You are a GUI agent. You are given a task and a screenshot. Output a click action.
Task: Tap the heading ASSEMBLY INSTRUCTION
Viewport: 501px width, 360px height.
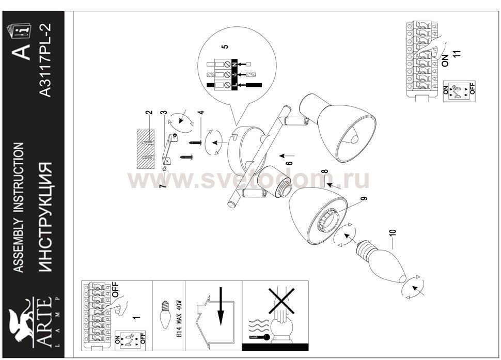pyautogui.click(x=19, y=207)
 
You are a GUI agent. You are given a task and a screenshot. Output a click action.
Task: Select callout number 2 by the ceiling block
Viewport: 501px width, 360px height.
pyautogui.click(x=148, y=112)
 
